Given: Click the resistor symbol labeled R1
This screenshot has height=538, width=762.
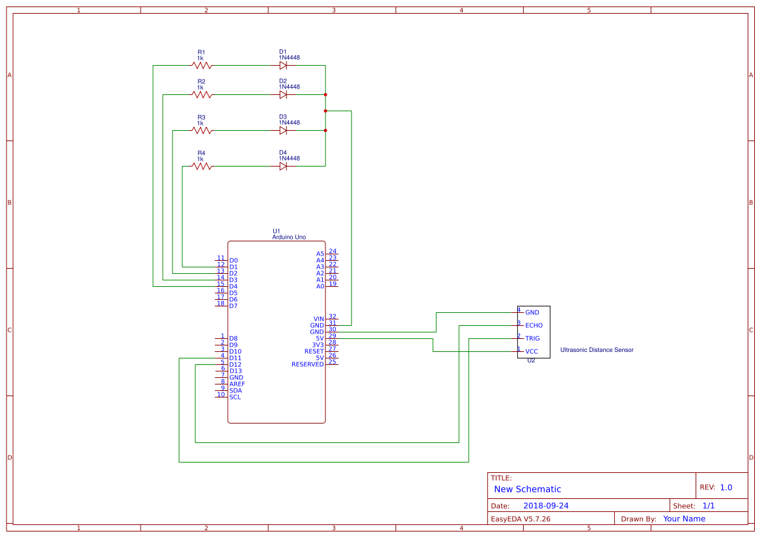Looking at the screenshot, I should pyautogui.click(x=202, y=65).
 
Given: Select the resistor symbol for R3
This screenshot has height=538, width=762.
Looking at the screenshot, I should pyautogui.click(x=202, y=130).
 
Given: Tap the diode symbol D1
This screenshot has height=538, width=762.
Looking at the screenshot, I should pyautogui.click(x=284, y=65).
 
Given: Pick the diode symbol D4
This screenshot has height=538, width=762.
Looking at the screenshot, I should pyautogui.click(x=284, y=166).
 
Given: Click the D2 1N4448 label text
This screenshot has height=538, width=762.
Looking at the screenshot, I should pyautogui.click(x=289, y=87).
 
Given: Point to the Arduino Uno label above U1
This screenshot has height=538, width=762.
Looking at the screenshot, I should pyautogui.click(x=289, y=237).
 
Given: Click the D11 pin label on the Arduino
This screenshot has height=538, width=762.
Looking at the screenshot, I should pyautogui.click(x=235, y=358).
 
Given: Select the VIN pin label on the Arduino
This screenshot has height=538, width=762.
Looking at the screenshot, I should pyautogui.click(x=318, y=319).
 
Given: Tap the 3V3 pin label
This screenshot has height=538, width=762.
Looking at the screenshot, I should pyautogui.click(x=318, y=345).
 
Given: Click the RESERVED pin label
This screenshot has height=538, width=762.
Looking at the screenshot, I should pyautogui.click(x=307, y=364).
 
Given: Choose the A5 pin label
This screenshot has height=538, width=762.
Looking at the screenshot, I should pyautogui.click(x=320, y=254).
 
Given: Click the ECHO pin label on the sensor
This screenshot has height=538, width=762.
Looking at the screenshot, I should pyautogui.click(x=534, y=325).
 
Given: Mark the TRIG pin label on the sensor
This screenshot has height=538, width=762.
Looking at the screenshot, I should pyautogui.click(x=532, y=338).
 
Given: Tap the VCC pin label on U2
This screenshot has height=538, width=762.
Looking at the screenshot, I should pyautogui.click(x=531, y=351).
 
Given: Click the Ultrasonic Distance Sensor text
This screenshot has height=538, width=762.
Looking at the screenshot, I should pyautogui.click(x=596, y=350).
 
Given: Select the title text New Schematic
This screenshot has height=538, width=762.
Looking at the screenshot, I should pyautogui.click(x=527, y=489).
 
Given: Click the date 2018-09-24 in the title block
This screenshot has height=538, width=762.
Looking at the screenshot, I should pyautogui.click(x=545, y=505).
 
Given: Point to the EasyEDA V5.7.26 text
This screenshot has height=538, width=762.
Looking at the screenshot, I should pyautogui.click(x=520, y=519).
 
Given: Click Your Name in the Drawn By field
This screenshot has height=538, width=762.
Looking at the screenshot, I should pyautogui.click(x=684, y=519).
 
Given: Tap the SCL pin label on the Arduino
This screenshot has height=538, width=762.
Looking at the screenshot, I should pyautogui.click(x=235, y=397).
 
